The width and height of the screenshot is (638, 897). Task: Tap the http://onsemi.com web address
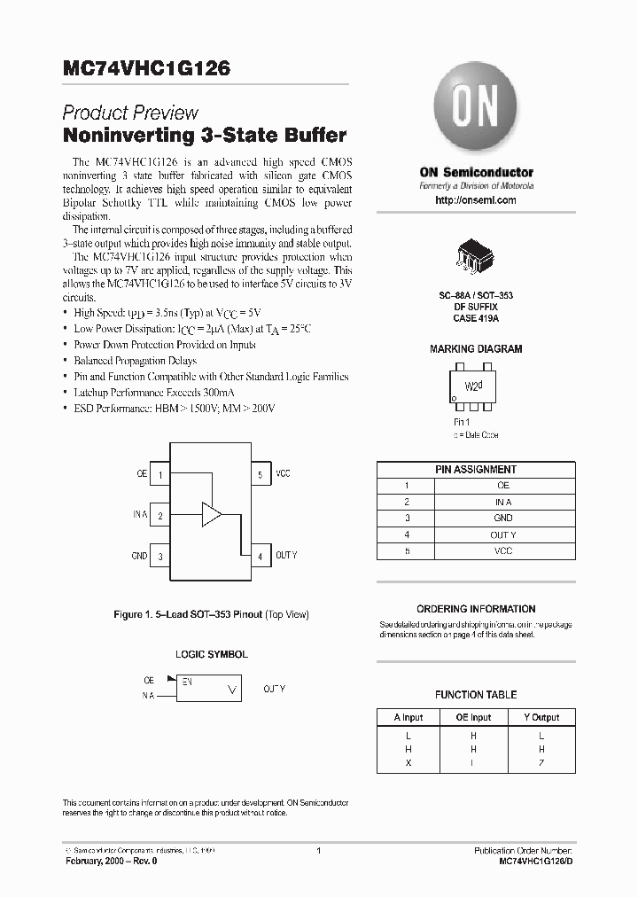(x=476, y=200)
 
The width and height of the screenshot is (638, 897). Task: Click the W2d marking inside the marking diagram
(x=475, y=387)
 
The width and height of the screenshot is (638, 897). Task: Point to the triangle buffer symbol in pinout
(x=212, y=514)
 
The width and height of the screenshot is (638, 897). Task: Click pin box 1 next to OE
(x=160, y=475)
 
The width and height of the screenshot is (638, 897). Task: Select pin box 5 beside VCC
(x=260, y=475)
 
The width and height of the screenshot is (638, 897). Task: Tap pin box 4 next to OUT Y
(x=260, y=556)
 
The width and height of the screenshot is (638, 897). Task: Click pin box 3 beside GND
(x=160, y=557)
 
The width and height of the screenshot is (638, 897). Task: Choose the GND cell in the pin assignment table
(x=502, y=519)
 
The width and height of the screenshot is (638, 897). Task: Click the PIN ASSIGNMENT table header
(x=476, y=470)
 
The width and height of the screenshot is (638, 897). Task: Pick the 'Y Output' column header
(x=541, y=717)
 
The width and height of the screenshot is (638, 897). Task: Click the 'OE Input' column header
(x=473, y=717)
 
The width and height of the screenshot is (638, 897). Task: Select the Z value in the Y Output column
(x=541, y=762)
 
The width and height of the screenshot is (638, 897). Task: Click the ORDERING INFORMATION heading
(x=476, y=609)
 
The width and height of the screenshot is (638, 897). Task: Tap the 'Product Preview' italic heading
(x=130, y=113)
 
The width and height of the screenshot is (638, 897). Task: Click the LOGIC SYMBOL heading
(x=211, y=654)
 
